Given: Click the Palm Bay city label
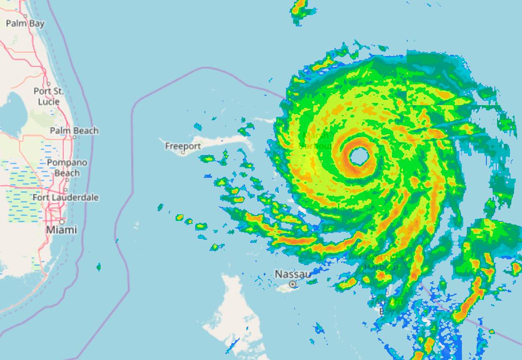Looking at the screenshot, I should point(25,23).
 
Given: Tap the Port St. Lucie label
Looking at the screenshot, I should point(49,96).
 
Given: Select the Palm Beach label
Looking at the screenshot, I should point(74,131).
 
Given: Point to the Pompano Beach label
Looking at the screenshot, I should point(67,168).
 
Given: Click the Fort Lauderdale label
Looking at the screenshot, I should point(65,197).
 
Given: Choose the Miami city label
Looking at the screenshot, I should point(61,230).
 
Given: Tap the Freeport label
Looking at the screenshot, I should point(183,146).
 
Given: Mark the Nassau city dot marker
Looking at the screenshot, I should point(293,284).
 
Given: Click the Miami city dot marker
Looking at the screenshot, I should point(62,221).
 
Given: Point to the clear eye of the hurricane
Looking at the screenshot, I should point(359,156).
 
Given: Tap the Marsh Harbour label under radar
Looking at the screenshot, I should point(315,140).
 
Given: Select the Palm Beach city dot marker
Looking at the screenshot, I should point(74,137).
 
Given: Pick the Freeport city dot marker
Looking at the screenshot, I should point(183,152).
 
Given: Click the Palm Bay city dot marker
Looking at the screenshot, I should point(25,16).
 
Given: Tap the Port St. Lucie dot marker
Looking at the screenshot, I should point(48,84).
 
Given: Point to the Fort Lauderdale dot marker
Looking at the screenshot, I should point(65,190).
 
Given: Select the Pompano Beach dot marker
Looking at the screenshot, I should point(67,180).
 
